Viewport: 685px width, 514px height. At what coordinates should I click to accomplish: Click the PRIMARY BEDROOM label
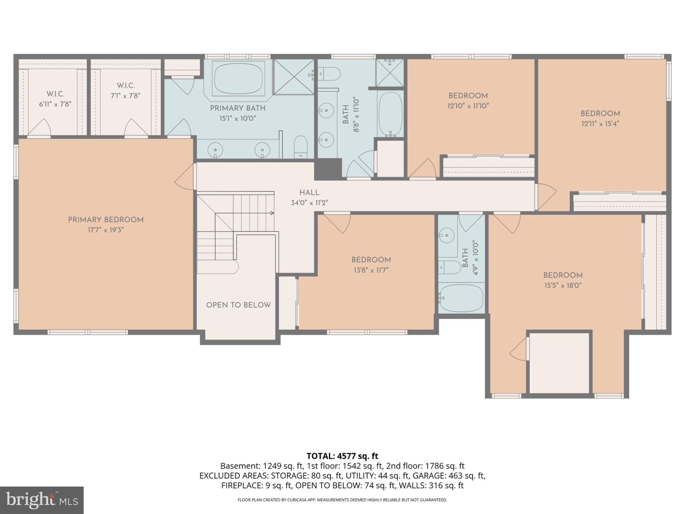point(106,220)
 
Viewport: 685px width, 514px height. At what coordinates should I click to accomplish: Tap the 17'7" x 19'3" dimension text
point(106,230)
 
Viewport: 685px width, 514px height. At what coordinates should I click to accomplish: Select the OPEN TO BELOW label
point(238,305)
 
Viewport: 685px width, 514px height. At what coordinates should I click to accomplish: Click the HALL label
point(309,192)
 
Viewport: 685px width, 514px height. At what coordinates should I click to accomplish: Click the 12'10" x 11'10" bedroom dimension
point(468,106)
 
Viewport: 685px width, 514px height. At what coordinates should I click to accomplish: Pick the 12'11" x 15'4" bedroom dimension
point(600,124)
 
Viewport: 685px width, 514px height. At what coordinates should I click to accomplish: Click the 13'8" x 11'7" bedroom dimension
point(371,270)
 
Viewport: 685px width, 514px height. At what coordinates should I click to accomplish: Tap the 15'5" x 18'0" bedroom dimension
point(563,286)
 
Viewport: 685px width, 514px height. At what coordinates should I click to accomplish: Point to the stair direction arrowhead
point(272,213)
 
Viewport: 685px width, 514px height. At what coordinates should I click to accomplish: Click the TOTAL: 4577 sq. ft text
point(342,456)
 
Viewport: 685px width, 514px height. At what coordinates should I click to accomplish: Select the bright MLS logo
point(41,500)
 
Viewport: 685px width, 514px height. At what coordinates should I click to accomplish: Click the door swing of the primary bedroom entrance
point(185,181)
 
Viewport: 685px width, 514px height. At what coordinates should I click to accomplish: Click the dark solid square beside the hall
point(328,169)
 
